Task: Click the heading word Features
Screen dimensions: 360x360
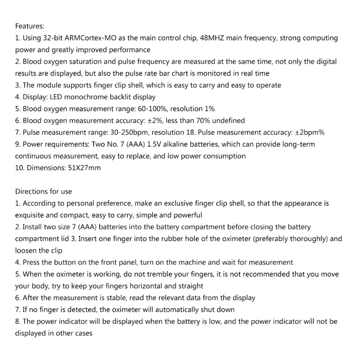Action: click(x=30, y=27)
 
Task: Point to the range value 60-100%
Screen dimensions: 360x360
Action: click(x=153, y=108)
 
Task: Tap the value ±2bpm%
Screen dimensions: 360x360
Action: click(x=310, y=132)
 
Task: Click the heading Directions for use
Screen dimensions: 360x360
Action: click(x=44, y=192)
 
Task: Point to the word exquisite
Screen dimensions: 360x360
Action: click(x=31, y=215)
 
